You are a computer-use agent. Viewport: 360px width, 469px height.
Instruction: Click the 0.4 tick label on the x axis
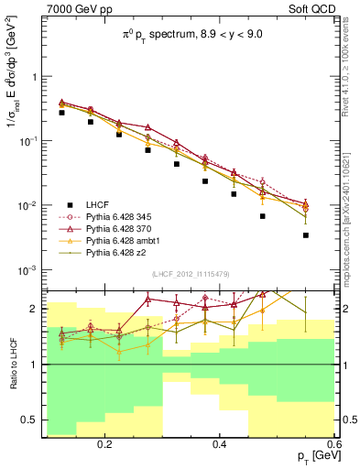[220, 444]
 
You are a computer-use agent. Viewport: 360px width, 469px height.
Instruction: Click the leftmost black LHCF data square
[61, 113]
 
